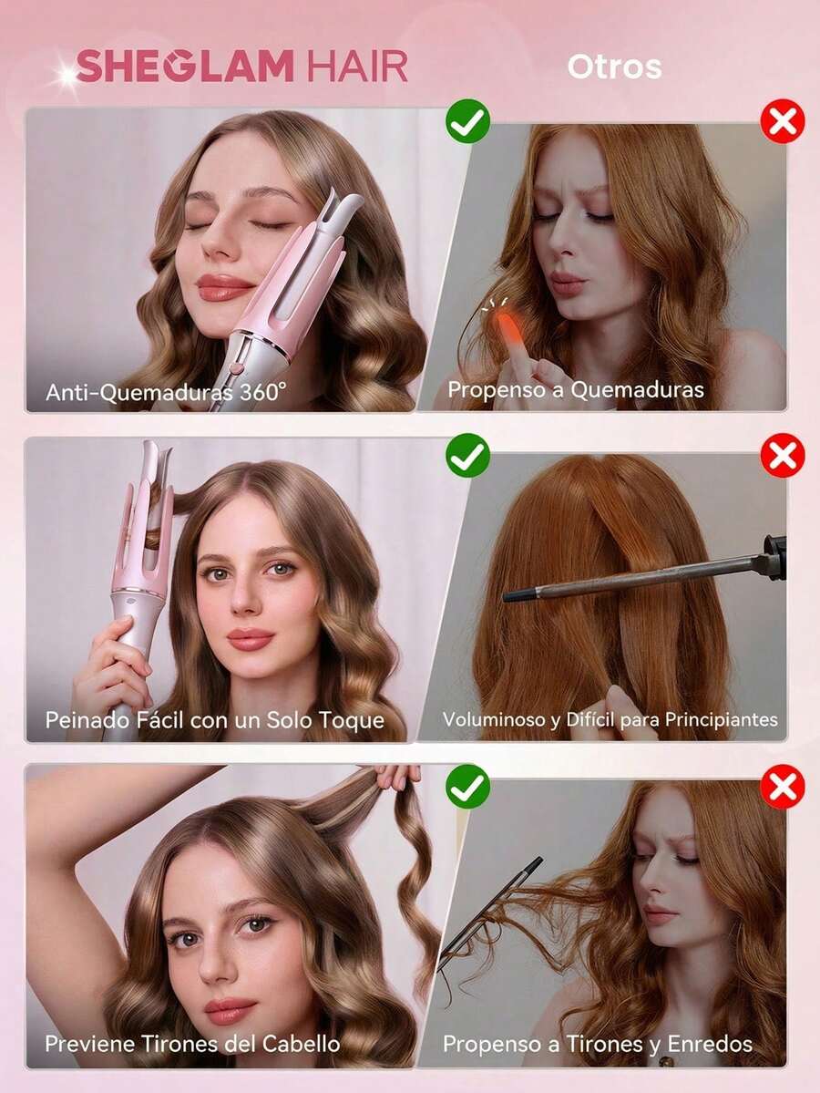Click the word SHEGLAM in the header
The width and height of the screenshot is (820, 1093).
[185, 67]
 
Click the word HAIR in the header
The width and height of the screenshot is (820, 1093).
[357, 67]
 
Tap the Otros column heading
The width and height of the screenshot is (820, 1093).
[614, 67]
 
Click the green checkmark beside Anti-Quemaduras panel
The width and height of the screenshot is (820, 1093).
[467, 120]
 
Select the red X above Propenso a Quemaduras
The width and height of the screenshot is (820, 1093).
[783, 120]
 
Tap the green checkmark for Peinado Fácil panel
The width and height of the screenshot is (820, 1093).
[467, 455]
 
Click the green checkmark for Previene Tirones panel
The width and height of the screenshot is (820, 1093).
[467, 787]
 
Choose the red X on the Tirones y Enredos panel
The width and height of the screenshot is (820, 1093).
[783, 787]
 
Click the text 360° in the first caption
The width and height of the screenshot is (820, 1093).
[262, 392]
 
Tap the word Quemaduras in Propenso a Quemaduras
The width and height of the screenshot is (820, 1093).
[638, 389]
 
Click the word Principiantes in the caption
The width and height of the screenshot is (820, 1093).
[721, 719]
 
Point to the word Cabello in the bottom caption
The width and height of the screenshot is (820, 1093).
[301, 1044]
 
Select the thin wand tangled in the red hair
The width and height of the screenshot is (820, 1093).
[487, 913]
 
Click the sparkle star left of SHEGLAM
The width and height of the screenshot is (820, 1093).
[67, 77]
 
